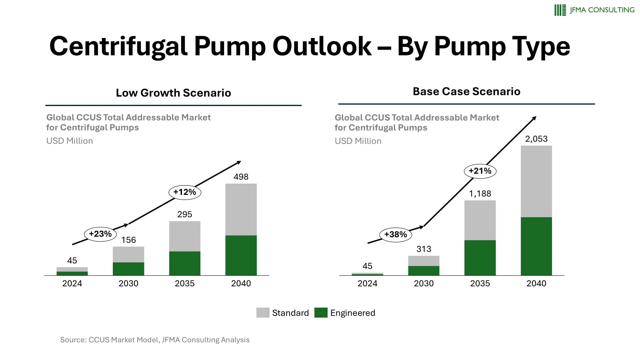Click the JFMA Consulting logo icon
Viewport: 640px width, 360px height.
(560, 10)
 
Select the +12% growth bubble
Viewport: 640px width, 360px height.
(184, 192)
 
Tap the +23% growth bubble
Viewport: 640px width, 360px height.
(100, 234)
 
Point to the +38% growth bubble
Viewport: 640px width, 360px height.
(395, 235)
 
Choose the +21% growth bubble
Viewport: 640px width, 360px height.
(480, 171)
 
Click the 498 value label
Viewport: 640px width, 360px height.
(241, 177)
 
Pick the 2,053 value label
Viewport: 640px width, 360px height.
(536, 139)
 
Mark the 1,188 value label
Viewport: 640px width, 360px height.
(480, 194)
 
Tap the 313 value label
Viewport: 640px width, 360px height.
(424, 249)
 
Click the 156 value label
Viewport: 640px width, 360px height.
(128, 240)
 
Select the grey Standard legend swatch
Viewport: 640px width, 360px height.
(263, 313)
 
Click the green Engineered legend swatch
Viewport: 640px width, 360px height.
(321, 313)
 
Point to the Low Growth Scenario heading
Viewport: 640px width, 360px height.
(173, 93)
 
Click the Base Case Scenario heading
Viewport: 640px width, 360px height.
(466, 92)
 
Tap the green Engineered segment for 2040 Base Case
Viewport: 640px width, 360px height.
(536, 246)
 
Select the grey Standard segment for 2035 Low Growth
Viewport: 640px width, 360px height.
(184, 236)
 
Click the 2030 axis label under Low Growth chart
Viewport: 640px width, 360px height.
(128, 284)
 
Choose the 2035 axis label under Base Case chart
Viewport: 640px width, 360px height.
(480, 284)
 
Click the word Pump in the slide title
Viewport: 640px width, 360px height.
(230, 46)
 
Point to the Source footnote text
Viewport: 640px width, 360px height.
(155, 340)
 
